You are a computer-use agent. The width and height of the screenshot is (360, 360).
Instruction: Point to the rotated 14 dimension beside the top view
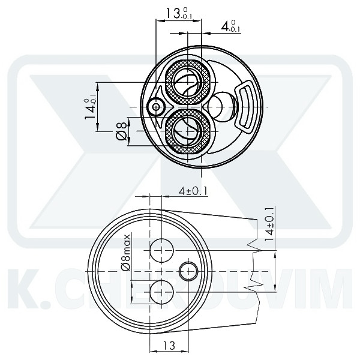click(92, 109)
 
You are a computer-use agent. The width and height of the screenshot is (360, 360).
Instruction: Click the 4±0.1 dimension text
click(193, 191)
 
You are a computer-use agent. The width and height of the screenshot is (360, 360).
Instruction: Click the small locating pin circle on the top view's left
click(157, 107)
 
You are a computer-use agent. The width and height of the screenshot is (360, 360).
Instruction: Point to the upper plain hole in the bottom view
click(161, 248)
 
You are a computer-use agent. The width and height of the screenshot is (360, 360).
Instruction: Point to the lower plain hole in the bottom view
click(161, 292)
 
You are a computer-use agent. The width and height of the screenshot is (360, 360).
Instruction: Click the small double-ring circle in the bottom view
click(188, 271)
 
